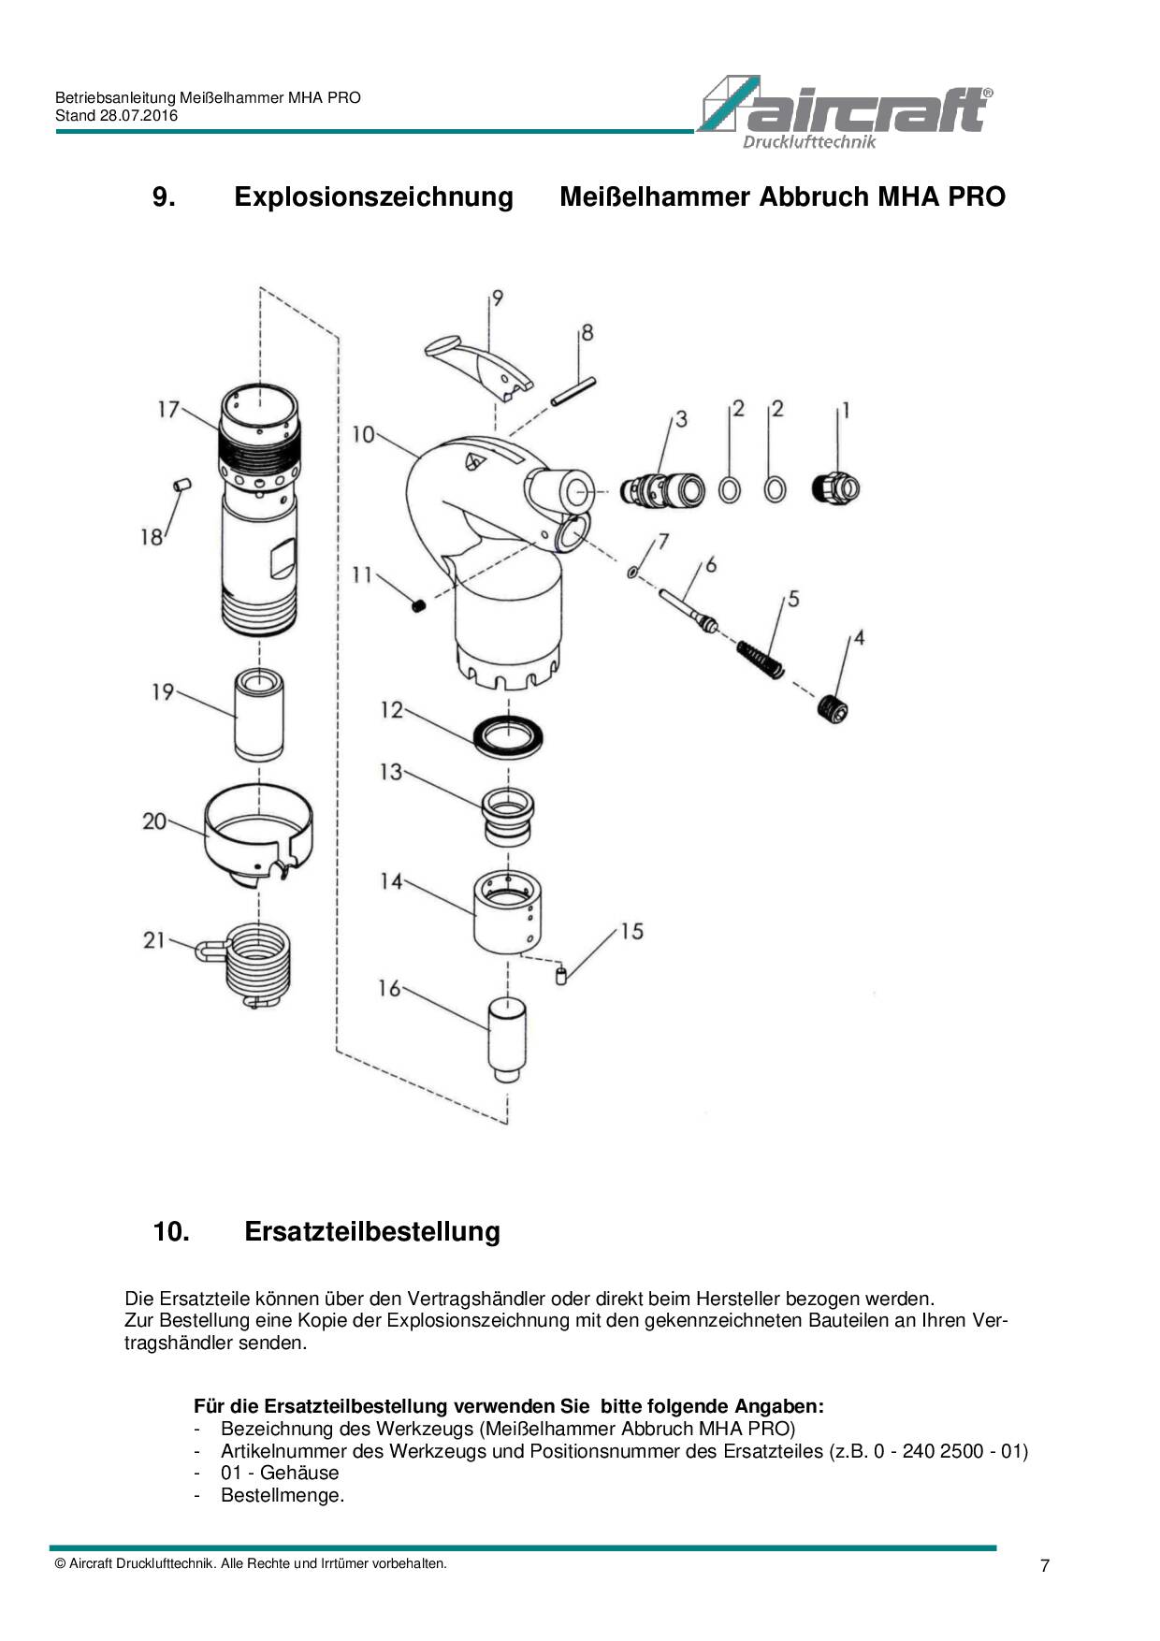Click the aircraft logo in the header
pyautogui.click(x=845, y=111)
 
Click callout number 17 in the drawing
pyautogui.click(x=168, y=410)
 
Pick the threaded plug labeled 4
pyautogui.click(x=832, y=710)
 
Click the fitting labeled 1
pyautogui.click(x=834, y=488)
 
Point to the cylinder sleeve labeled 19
pyautogui.click(x=259, y=717)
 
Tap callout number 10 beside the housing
pyautogui.click(x=363, y=434)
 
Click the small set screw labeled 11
pyautogui.click(x=419, y=605)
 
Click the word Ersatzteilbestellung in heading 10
pyautogui.click(x=372, y=1231)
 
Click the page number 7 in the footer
pyautogui.click(x=1045, y=1566)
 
